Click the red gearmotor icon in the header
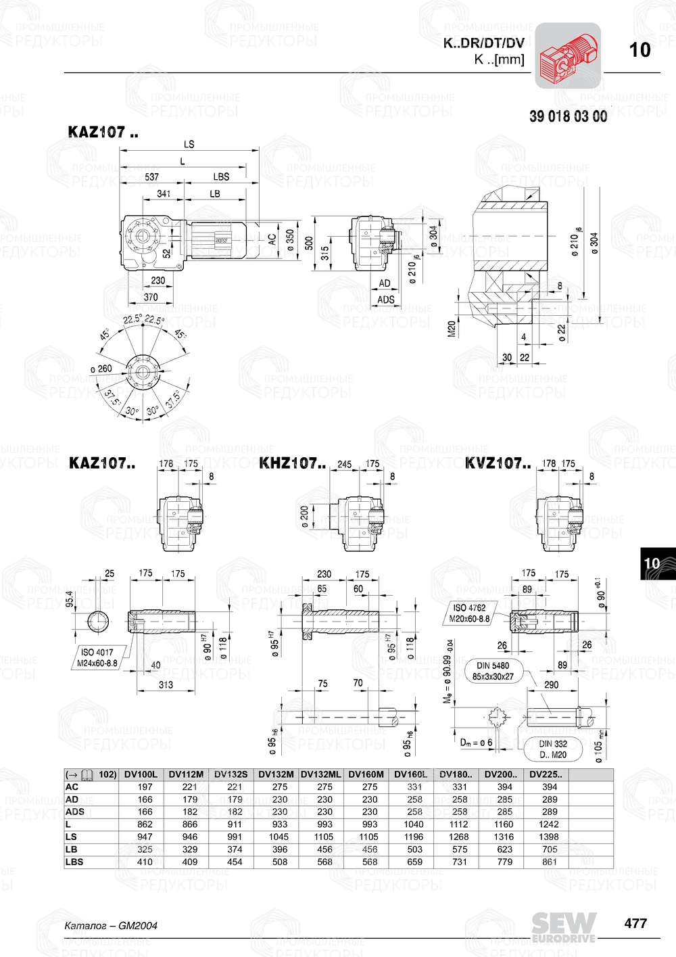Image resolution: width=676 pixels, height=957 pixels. (568, 55)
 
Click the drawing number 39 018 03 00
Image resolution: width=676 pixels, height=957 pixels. (568, 116)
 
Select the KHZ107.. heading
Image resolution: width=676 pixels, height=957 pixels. (292, 463)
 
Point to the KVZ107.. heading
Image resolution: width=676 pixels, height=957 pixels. (498, 463)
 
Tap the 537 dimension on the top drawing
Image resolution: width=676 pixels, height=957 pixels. (152, 177)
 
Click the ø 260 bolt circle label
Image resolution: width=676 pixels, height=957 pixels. (101, 369)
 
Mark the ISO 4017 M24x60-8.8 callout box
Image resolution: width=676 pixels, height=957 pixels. (97, 657)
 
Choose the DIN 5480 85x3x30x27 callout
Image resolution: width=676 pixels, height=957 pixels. (493, 671)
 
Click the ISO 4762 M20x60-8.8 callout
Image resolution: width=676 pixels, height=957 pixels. (469, 613)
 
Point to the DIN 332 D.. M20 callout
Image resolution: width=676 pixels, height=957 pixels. (553, 749)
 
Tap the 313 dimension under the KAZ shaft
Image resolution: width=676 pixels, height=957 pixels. (166, 684)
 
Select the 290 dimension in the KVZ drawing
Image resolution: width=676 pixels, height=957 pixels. (552, 684)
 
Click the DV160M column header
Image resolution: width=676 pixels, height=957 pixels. (366, 774)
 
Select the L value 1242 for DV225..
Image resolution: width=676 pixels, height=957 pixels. (549, 824)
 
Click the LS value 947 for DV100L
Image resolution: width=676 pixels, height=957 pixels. (145, 837)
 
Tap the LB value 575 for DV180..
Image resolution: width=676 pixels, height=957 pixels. (460, 849)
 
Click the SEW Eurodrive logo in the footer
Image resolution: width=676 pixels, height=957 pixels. (563, 927)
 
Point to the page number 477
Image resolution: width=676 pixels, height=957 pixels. (635, 923)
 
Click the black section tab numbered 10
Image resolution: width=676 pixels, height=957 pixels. (652, 563)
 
